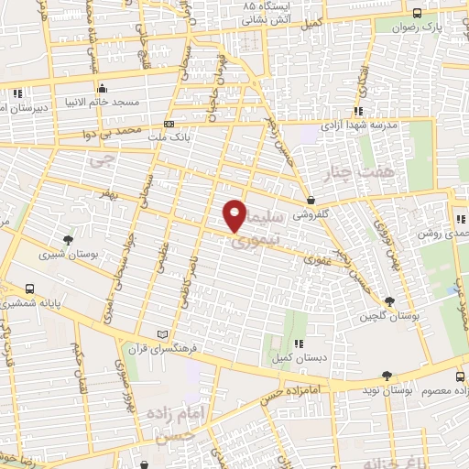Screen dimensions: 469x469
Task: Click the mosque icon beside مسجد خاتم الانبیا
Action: pos(102,89)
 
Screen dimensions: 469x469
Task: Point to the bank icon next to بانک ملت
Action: pos(169,124)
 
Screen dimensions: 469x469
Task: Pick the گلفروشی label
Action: pos(312,217)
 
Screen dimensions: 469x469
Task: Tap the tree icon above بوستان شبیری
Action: pos(69,240)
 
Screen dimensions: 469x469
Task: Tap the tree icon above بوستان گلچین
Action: pos(390,301)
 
